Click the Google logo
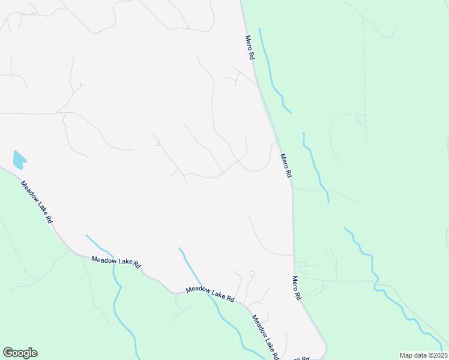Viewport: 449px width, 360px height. click(20, 353)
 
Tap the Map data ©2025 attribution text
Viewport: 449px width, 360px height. click(423, 355)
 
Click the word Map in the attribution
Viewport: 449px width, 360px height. click(406, 355)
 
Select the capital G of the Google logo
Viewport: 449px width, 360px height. click(8, 353)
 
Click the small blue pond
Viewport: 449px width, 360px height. click(19, 160)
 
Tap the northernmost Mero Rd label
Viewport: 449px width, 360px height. click(250, 47)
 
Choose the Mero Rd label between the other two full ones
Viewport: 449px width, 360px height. click(286, 165)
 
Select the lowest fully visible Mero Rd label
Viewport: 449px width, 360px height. click(296, 288)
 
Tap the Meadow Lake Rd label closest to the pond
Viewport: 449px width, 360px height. click(37, 202)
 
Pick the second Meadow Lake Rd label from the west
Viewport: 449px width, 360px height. click(116, 263)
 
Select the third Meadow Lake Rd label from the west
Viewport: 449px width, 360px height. click(209, 293)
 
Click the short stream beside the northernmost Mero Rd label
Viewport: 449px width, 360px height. click(273, 78)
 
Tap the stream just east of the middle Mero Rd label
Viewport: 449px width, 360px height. click(315, 168)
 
